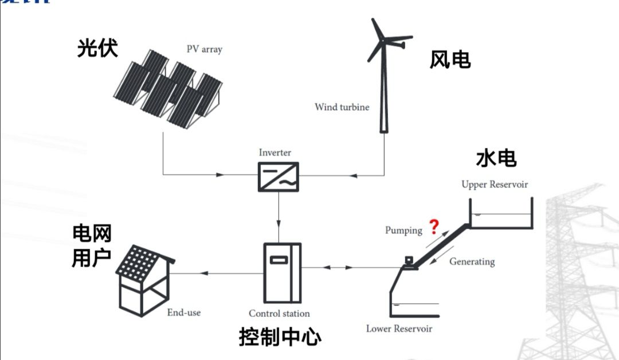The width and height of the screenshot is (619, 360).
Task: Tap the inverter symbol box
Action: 279,176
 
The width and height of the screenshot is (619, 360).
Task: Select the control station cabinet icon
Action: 282,272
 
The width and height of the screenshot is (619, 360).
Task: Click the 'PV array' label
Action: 204,49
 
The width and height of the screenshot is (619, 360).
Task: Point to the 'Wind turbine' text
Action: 342,107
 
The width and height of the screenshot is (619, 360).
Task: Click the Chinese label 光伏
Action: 97,48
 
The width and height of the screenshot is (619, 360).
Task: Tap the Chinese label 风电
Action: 450,60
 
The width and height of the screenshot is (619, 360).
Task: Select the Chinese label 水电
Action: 496,158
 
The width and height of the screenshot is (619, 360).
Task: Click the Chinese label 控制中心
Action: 280,337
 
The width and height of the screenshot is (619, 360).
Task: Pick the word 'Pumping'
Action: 403,230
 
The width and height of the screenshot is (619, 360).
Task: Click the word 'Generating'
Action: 472,261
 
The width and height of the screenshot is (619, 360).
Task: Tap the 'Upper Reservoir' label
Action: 495,185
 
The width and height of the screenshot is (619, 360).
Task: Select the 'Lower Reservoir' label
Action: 399,329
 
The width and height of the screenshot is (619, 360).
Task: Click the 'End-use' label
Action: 184,312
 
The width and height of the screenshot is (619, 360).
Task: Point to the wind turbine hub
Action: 382,41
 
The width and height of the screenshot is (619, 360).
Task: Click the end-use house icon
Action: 145,280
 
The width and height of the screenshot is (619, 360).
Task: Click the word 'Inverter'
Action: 275,153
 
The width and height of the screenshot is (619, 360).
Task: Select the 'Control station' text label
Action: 279,314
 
